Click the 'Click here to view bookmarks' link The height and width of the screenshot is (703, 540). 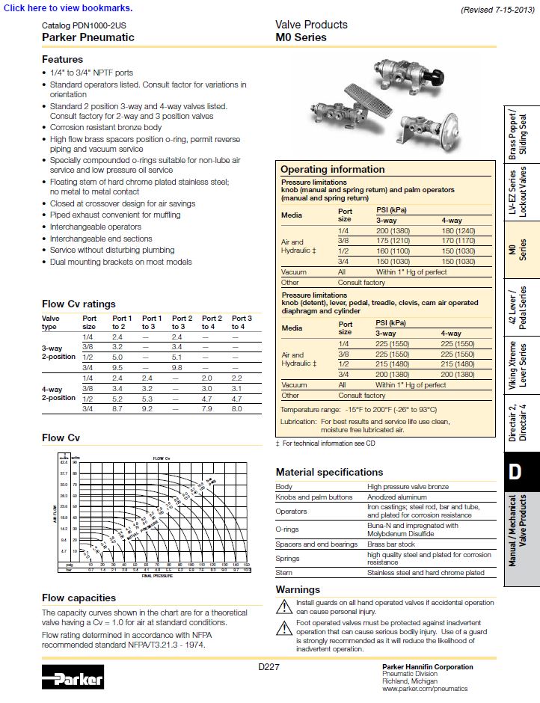click(68, 8)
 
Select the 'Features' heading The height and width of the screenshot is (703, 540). click(62, 59)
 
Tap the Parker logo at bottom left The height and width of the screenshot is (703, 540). click(73, 678)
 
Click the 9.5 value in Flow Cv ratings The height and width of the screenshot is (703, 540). click(117, 368)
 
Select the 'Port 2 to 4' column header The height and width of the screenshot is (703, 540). click(212, 322)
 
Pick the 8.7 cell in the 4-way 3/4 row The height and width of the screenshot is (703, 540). click(117, 409)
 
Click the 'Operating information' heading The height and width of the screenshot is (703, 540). click(332, 169)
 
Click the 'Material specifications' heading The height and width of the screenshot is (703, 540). click(329, 472)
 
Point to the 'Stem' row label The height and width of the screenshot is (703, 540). click(283, 572)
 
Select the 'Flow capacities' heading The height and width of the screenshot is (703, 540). click(79, 598)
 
